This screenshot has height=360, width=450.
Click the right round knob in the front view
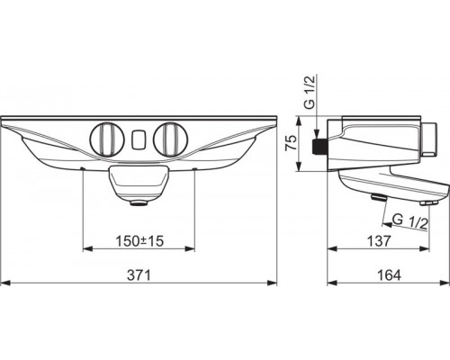168,139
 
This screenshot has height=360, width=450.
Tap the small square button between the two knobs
138,139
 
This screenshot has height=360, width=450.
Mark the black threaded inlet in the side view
318,147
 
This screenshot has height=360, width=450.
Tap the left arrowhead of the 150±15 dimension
86,248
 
